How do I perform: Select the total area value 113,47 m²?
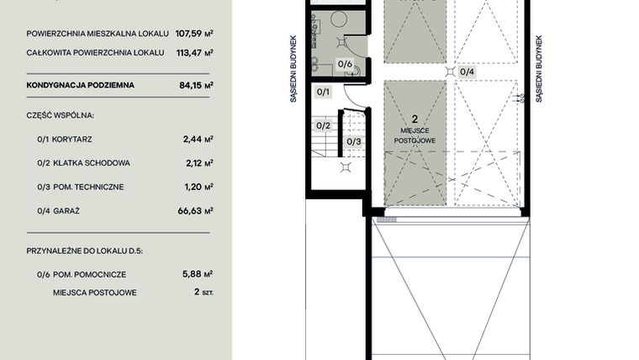pos(193,52)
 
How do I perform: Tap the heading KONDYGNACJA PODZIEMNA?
pos(80,85)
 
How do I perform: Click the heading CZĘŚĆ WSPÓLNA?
pos(60,114)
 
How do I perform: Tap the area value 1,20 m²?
pos(199,187)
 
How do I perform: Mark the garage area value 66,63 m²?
pos(197,211)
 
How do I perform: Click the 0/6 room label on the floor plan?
pos(345,63)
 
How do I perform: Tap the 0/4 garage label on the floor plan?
pos(467,71)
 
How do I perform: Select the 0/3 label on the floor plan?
pos(353,140)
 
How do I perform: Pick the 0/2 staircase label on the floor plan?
pos(323,125)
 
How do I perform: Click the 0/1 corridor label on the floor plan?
pos(324,91)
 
